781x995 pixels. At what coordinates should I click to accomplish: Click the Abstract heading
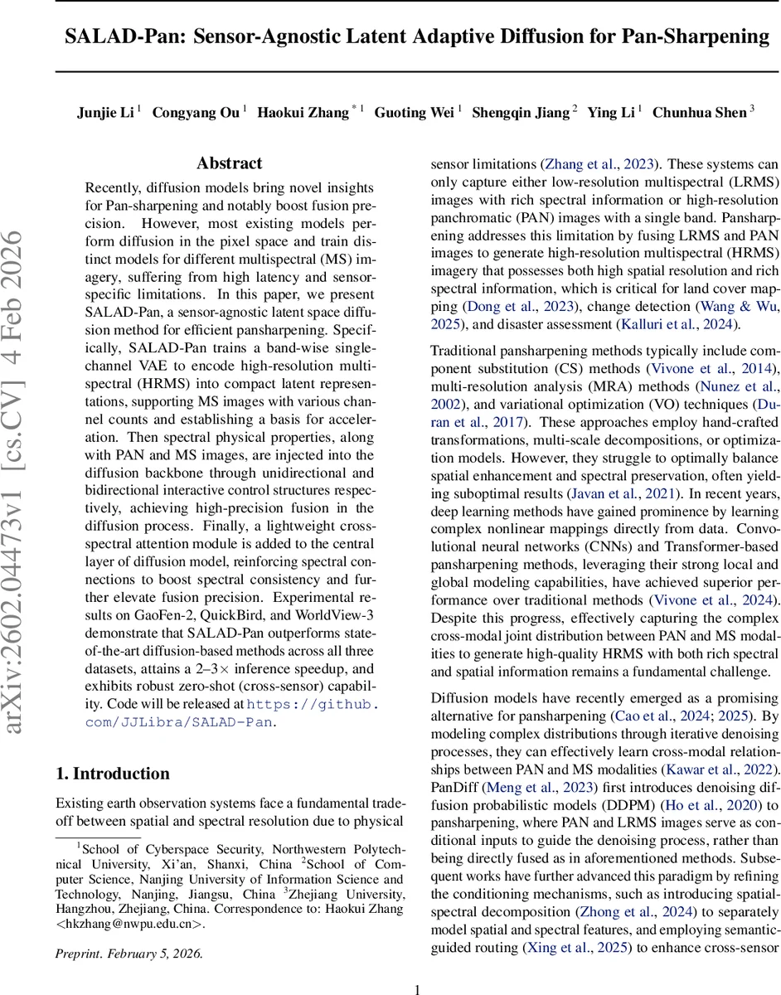tap(229, 163)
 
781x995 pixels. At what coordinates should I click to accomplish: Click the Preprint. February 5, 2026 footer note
tap(129, 953)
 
